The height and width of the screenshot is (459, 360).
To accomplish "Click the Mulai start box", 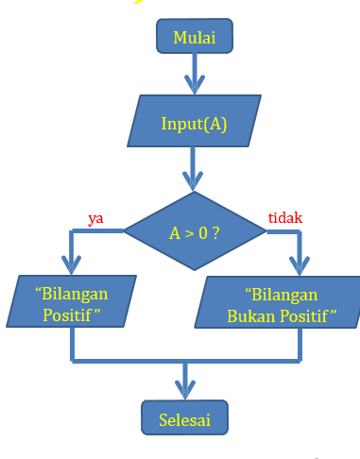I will (195, 37).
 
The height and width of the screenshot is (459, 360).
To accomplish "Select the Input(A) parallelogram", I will (194, 124).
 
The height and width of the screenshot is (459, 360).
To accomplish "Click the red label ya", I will (95, 218).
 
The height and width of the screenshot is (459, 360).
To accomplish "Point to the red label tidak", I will (285, 218).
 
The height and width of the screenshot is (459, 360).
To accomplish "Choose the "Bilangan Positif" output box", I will (72, 302).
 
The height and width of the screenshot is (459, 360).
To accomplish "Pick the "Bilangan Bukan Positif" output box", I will (281, 303).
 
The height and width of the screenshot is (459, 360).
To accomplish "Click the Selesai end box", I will (186, 416).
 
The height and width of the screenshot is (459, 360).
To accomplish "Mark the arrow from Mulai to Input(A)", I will (195, 73).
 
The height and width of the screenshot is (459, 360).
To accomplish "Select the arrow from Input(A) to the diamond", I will (195, 170).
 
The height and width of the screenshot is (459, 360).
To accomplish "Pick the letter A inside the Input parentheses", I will (214, 124).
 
